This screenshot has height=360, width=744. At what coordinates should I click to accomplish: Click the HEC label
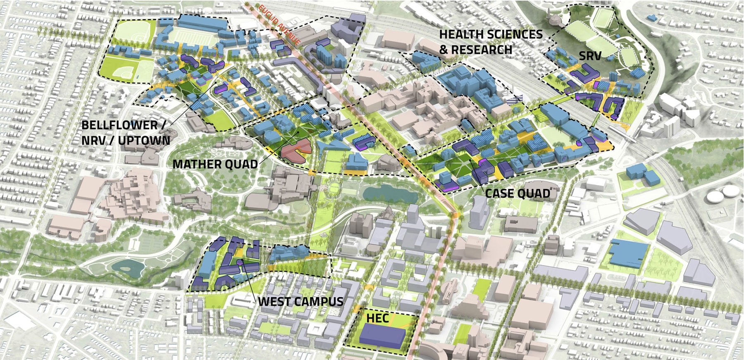click(x=378, y=318)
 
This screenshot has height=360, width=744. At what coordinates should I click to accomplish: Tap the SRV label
click(x=589, y=56)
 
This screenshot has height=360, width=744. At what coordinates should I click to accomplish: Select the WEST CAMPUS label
click(x=300, y=301)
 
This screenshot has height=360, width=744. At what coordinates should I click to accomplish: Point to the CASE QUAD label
click(x=517, y=193)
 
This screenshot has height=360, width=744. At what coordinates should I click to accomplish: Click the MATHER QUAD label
click(x=215, y=164)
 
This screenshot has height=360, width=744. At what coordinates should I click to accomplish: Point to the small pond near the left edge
click(x=129, y=269)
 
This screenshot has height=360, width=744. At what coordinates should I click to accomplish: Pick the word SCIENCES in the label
click(x=517, y=34)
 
